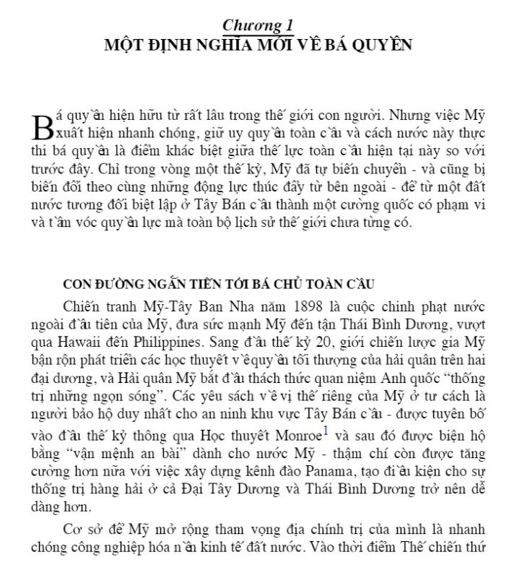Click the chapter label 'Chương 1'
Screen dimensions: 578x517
coord(258,25)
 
